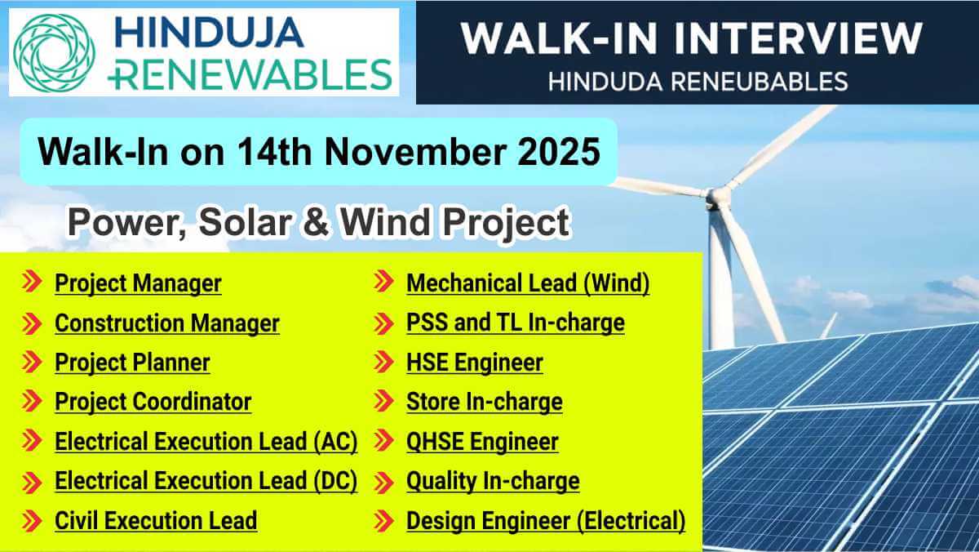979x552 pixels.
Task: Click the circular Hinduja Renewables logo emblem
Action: [x=52, y=51]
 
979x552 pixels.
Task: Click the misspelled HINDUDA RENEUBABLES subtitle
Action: [x=698, y=82]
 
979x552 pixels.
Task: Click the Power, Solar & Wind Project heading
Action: [x=318, y=222]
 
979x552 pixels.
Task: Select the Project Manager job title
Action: [x=138, y=283]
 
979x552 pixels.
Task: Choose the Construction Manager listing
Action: [x=166, y=323]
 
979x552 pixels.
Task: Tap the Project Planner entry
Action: [x=132, y=363]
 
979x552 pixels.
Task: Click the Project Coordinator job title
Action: [x=153, y=402]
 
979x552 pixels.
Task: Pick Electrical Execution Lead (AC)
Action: [x=206, y=442]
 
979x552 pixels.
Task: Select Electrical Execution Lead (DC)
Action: [x=206, y=481]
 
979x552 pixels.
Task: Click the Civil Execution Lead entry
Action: [x=156, y=520]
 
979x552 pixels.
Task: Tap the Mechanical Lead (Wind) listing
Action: [x=528, y=283]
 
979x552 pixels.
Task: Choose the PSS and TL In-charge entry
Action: [x=515, y=323]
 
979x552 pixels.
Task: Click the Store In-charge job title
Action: [x=484, y=402]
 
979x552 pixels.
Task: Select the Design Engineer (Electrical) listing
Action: [x=545, y=520]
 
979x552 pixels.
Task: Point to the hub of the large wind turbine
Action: [x=718, y=196]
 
